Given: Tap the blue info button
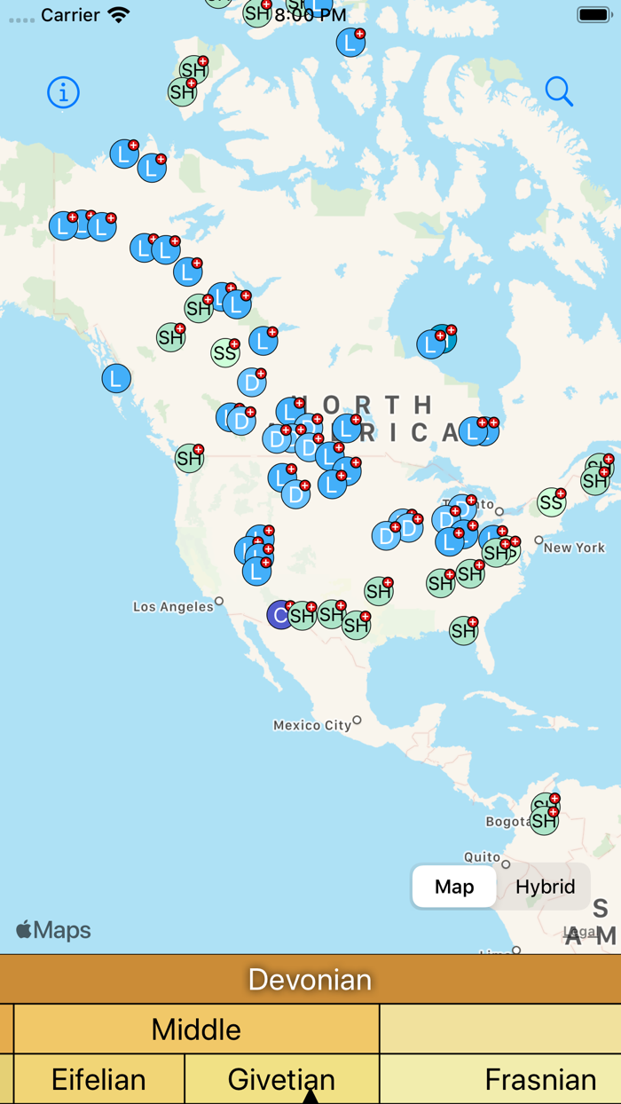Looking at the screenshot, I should point(63,92).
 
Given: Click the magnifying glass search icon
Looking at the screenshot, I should point(559,91).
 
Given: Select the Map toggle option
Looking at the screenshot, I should point(454,887).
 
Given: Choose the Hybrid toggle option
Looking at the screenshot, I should point(545,887).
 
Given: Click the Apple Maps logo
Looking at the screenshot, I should point(53,930).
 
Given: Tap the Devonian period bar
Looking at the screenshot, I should point(310,979).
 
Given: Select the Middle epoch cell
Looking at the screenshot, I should point(196,1029).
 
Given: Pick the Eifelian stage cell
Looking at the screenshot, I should point(98,1079).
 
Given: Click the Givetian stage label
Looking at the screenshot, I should point(281,1079).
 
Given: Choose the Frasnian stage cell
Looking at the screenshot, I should point(539,1079).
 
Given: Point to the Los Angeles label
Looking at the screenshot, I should point(173,607).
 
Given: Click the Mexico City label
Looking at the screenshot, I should point(312,725).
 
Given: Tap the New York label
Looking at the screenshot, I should point(574,548).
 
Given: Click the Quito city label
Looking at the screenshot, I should point(482,857).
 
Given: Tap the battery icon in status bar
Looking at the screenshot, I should point(593,15).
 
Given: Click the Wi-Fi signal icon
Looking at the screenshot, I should point(118,15).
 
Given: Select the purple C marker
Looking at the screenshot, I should point(280,615).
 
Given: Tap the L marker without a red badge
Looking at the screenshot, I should point(116,379).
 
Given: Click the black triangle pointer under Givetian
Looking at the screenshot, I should point(310,1097).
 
